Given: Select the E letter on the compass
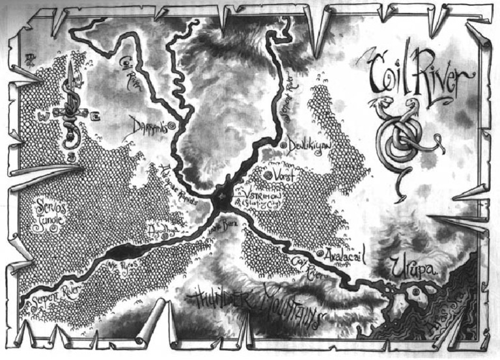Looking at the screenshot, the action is tap(96, 116).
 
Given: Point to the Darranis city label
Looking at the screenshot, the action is tap(148, 126).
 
